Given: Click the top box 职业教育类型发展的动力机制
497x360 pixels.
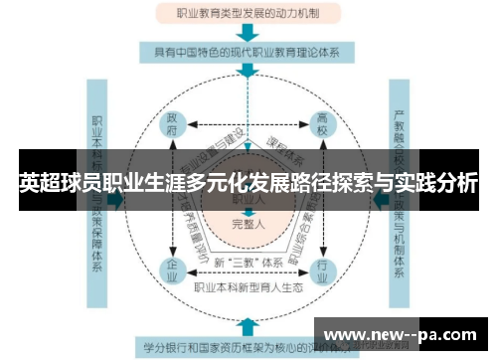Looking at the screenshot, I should pos(248,13).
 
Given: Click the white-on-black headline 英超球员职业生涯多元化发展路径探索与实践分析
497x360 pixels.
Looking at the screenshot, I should pos(248,184).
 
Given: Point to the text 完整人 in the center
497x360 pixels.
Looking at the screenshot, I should pos(248,223).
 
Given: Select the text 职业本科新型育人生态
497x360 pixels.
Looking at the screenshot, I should pos(248,288).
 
